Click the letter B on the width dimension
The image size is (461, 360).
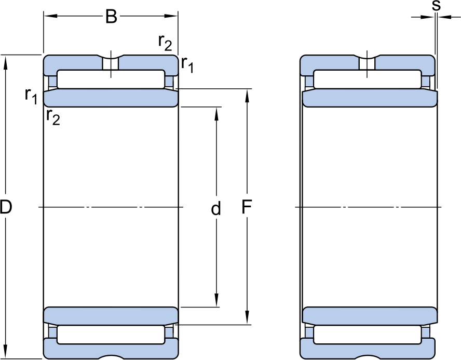click(x=111, y=17)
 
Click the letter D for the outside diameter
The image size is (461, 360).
click(x=6, y=207)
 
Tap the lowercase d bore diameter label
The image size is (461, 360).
click(x=216, y=208)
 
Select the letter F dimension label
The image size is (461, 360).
click(x=247, y=207)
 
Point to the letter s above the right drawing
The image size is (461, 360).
click(x=436, y=6)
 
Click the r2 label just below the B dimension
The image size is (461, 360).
click(x=165, y=43)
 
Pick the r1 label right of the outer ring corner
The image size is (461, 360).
click(x=187, y=64)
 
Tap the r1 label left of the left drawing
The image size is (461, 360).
click(x=31, y=96)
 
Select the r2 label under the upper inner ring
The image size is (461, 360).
click(x=53, y=117)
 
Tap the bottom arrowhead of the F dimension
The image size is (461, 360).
click(x=247, y=317)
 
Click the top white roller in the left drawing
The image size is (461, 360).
click(x=111, y=79)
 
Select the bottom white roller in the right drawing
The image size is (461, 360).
click(x=367, y=335)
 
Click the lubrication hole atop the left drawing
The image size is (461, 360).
click(x=111, y=63)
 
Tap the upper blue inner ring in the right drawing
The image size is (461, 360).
click(x=370, y=98)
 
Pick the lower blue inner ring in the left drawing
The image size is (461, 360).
click(x=111, y=316)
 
